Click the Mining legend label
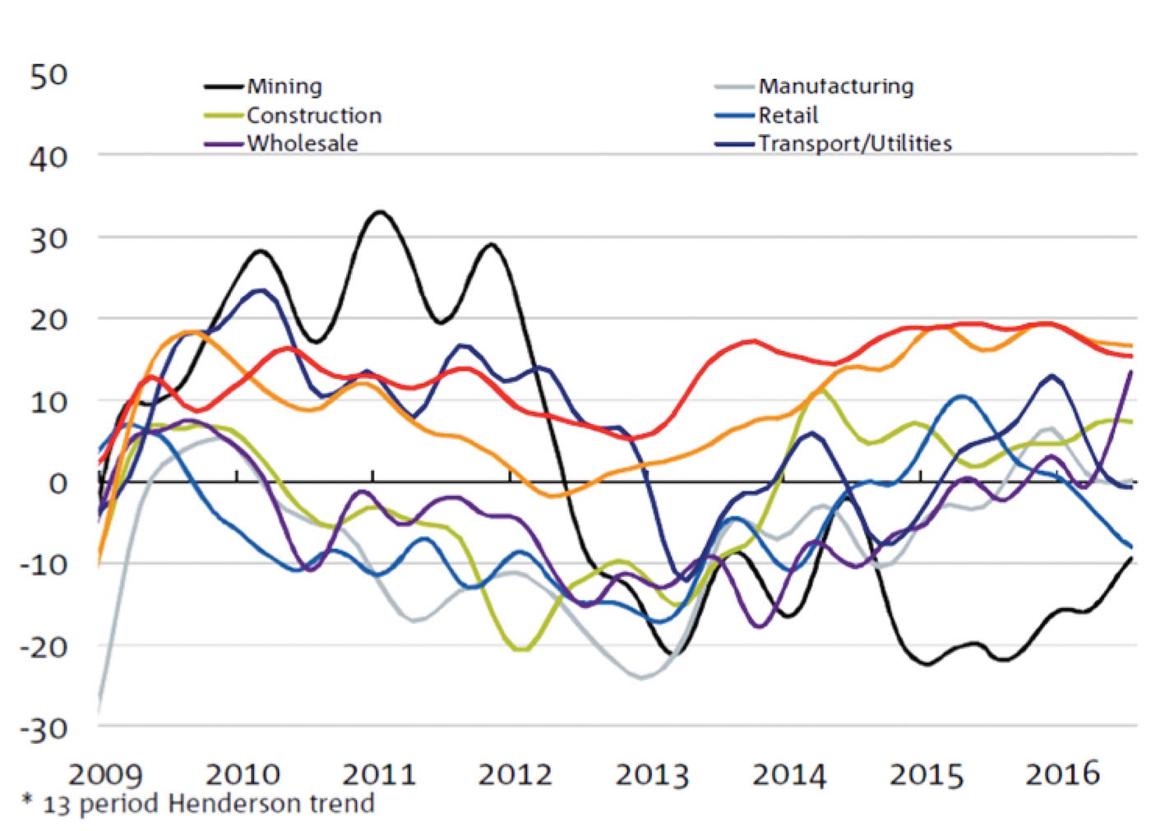[x=284, y=86]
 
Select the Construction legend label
[x=314, y=115]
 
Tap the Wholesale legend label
[x=303, y=143]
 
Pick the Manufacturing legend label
[x=835, y=86]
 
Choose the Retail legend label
[x=788, y=115]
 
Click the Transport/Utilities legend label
[x=854, y=143]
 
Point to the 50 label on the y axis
[x=49, y=76]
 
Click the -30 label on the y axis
[x=44, y=728]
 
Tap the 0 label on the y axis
[x=58, y=483]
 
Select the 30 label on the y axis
[x=49, y=239]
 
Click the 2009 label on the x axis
[x=104, y=774]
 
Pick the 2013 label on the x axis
[x=652, y=774]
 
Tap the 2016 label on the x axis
[x=1061, y=773]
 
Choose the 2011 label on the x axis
[x=378, y=774]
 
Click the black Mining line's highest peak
[x=379, y=212]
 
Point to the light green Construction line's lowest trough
[x=521, y=650]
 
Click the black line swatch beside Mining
[x=224, y=86]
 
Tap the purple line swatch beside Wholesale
[x=224, y=144]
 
